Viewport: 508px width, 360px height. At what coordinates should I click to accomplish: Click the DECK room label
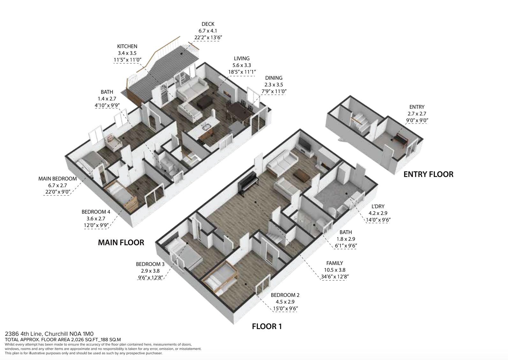(208, 24)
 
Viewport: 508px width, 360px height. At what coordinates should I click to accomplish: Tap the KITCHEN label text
(127, 47)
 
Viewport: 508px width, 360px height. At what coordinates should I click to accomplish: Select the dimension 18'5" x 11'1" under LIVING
(242, 72)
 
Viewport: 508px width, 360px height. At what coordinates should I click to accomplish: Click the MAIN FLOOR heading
(121, 243)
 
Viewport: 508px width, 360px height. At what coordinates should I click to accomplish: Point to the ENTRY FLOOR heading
(429, 174)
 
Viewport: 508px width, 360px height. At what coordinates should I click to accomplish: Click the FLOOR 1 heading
(267, 327)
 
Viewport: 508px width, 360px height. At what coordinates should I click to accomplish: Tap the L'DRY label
(378, 206)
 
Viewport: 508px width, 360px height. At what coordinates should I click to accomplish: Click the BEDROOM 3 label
(150, 264)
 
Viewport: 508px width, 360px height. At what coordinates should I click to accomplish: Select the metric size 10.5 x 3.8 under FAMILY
(334, 270)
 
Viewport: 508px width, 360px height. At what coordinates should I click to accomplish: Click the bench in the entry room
(401, 139)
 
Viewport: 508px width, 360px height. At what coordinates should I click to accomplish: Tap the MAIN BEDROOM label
(57, 179)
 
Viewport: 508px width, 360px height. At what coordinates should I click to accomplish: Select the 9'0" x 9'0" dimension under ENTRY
(417, 121)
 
